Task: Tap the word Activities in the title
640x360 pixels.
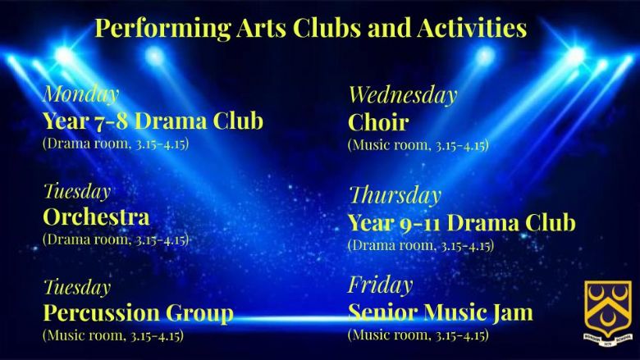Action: click(472, 28)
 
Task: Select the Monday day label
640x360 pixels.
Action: click(80, 94)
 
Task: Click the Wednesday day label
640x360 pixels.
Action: click(402, 95)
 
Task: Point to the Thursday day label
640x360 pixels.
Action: click(395, 196)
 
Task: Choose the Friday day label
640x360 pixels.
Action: click(381, 285)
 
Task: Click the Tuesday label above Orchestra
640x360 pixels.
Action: click(77, 192)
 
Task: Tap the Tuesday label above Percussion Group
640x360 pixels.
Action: click(77, 287)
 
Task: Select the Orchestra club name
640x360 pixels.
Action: click(96, 216)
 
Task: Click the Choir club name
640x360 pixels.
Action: click(378, 122)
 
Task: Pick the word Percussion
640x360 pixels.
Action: click(101, 312)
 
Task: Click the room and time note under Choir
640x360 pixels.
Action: click(418, 145)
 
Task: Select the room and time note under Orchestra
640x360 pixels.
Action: click(116, 239)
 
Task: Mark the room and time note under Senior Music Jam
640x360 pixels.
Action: click(418, 335)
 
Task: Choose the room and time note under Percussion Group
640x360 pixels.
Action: click(113, 335)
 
